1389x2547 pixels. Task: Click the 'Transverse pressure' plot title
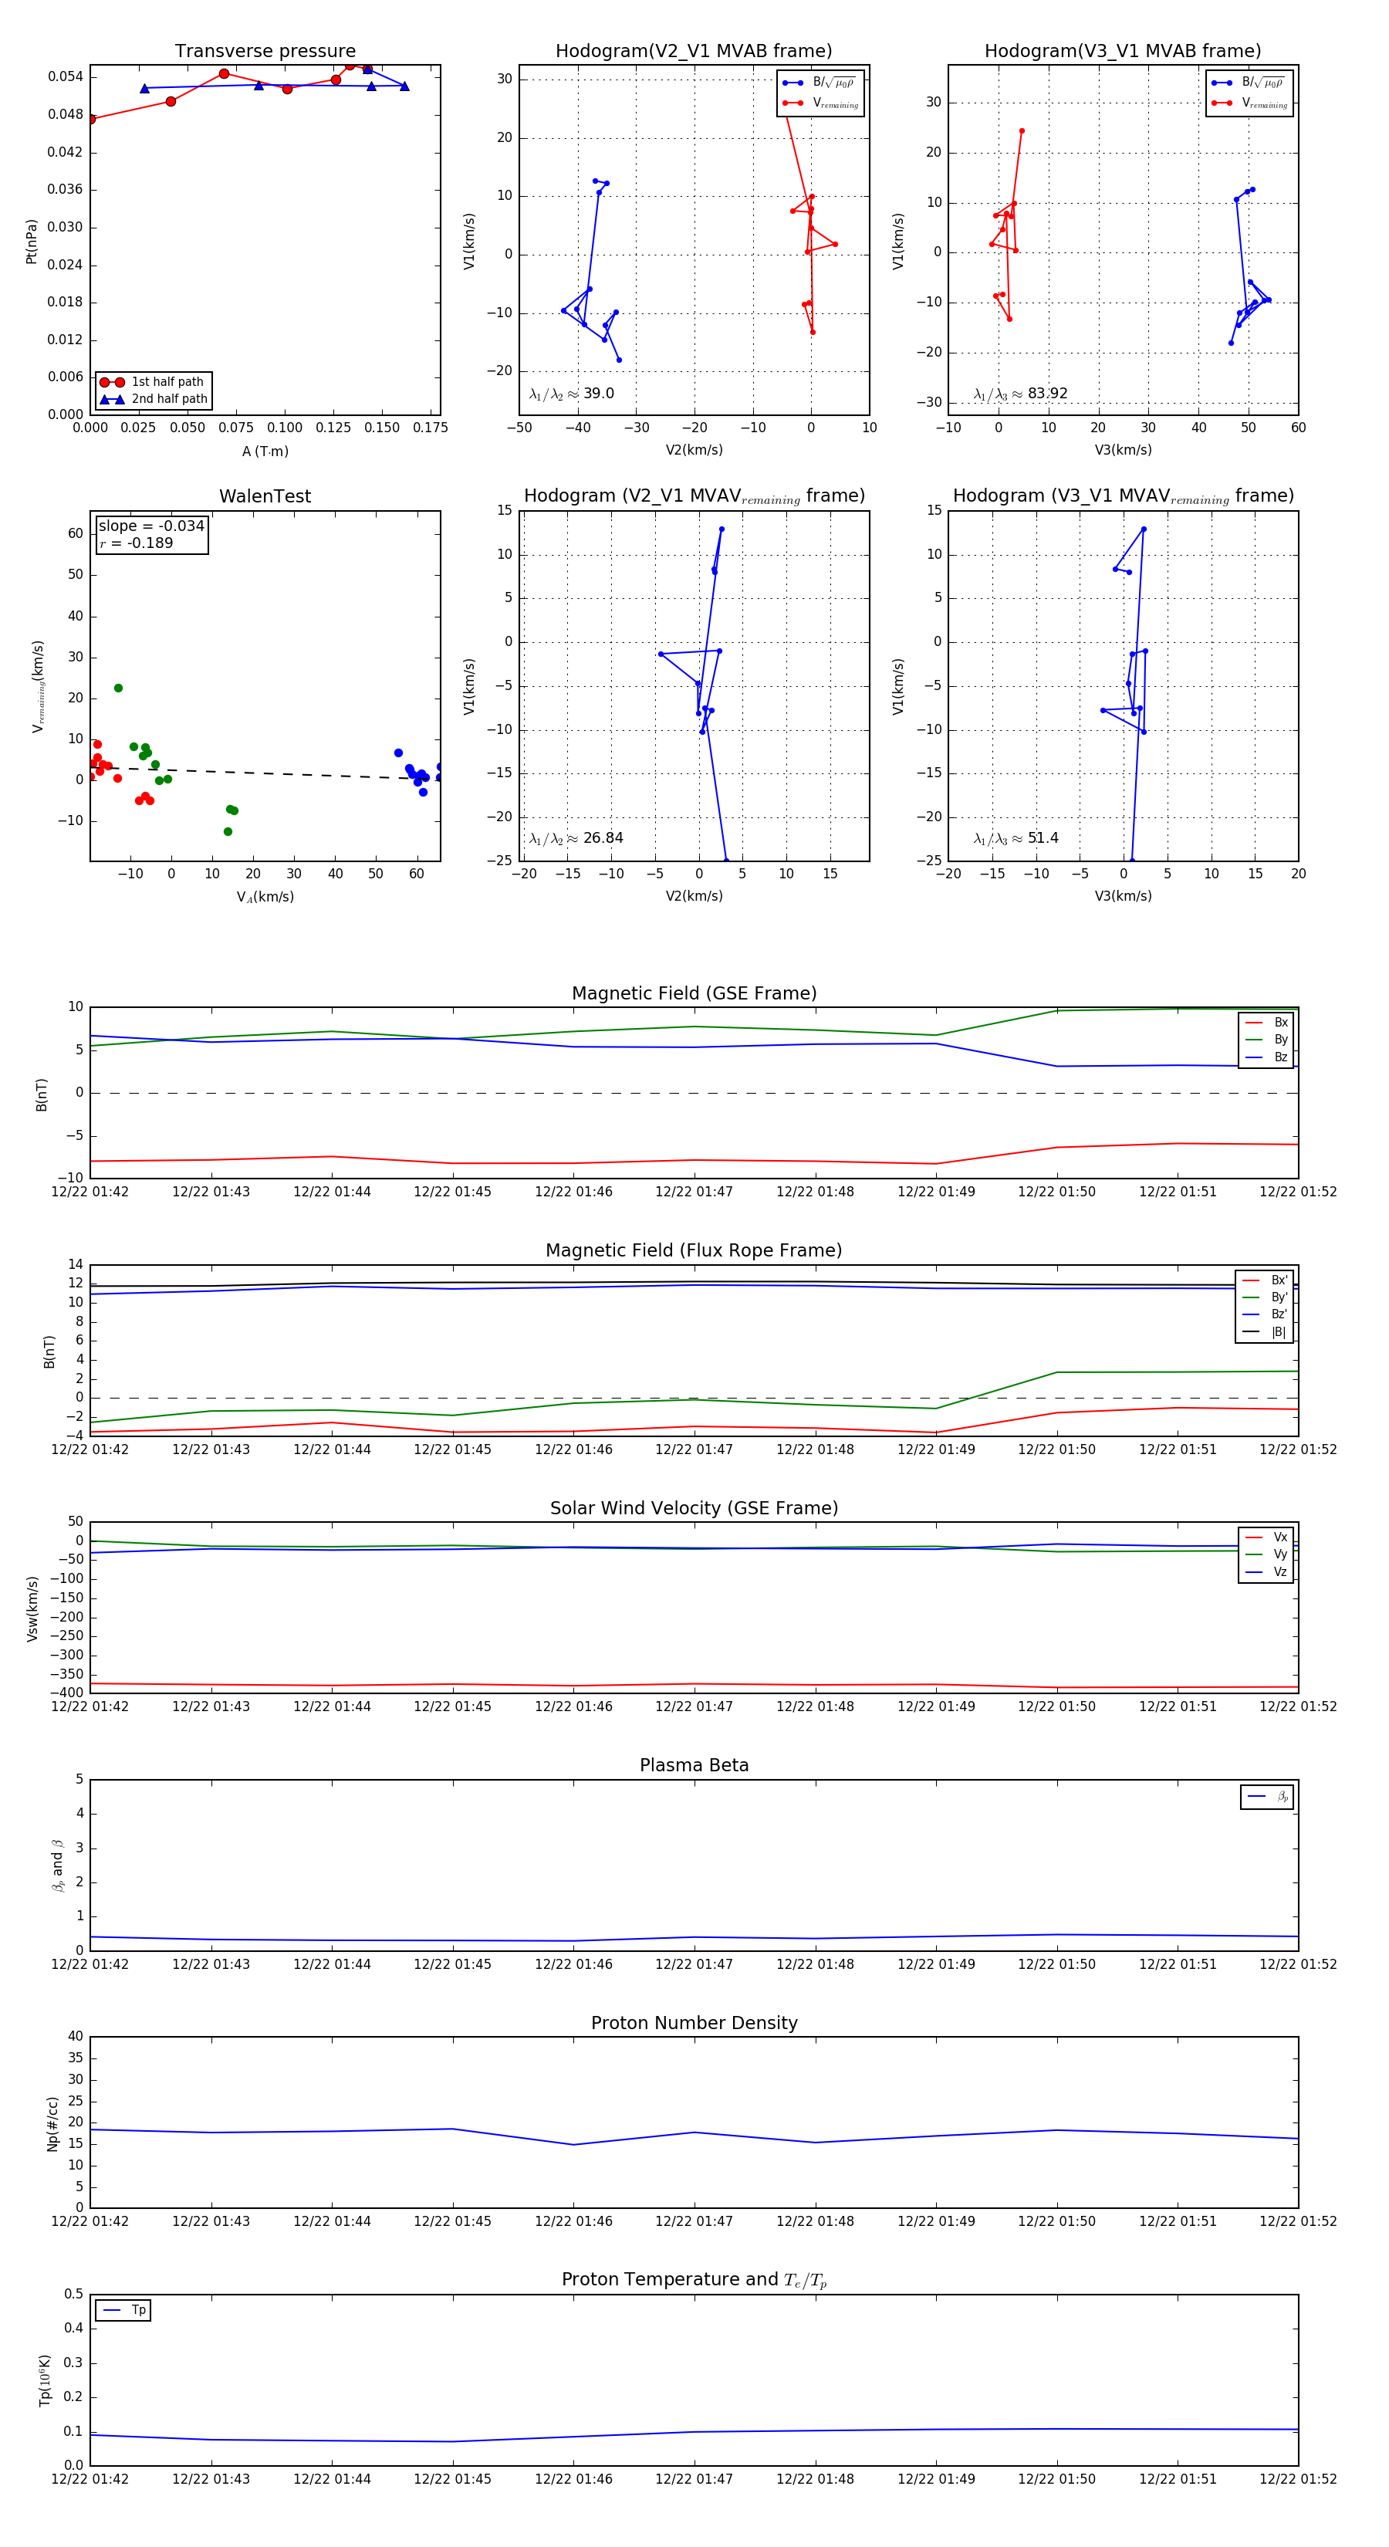[x=265, y=52]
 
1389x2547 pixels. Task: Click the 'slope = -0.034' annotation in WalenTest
[x=151, y=526]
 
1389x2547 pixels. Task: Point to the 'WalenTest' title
[x=265, y=496]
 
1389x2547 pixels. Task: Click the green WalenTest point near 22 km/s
[x=119, y=688]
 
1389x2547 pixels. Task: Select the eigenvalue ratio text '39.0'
[x=598, y=394]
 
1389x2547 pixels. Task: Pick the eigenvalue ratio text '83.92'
[x=1047, y=394]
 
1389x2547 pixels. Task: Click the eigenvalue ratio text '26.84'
[x=602, y=838]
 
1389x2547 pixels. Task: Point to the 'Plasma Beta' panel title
[x=694, y=1766]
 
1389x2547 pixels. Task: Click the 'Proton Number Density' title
[x=694, y=2023]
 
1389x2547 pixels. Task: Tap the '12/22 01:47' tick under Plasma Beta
[x=694, y=1964]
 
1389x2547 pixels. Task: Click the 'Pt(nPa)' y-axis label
[x=32, y=242]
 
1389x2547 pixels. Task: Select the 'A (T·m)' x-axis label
[x=265, y=452]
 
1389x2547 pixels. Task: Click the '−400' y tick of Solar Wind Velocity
[x=67, y=1693]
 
